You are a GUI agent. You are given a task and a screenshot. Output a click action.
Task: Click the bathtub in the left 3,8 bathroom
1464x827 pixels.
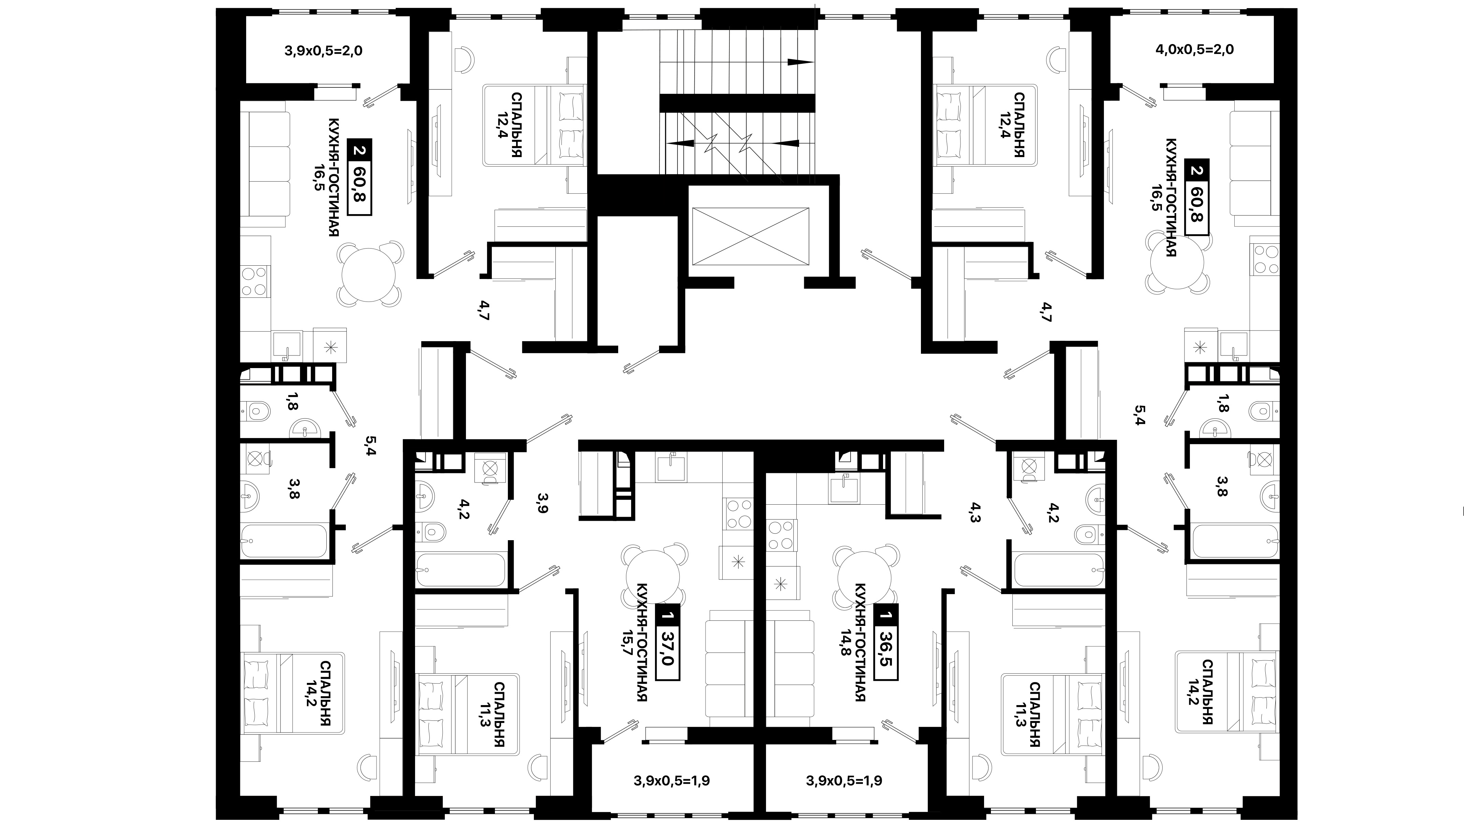(x=284, y=541)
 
